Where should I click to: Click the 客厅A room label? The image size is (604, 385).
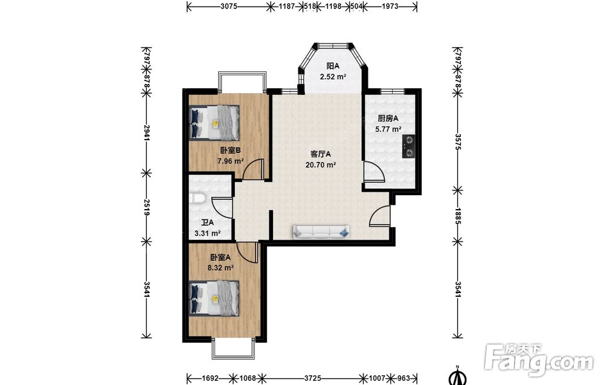tap(321, 154)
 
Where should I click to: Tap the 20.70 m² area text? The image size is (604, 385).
tap(321, 165)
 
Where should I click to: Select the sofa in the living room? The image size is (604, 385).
tap(322, 231)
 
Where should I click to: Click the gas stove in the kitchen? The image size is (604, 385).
tap(409, 147)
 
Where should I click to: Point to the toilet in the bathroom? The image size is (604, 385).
tap(197, 198)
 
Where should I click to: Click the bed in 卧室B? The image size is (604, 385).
tap(214, 123)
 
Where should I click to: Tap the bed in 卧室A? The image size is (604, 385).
tap(214, 298)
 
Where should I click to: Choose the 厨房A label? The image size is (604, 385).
tap(388, 118)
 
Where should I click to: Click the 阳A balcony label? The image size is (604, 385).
tap(333, 66)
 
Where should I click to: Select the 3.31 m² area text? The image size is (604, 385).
tap(207, 233)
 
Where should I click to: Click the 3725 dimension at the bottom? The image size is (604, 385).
tap(312, 378)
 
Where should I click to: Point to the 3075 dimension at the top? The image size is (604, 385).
tap(229, 6)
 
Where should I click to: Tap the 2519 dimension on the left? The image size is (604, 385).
tap(147, 207)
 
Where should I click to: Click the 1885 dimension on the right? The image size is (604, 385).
tap(458, 216)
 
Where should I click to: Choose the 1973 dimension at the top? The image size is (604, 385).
tap(390, 6)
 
